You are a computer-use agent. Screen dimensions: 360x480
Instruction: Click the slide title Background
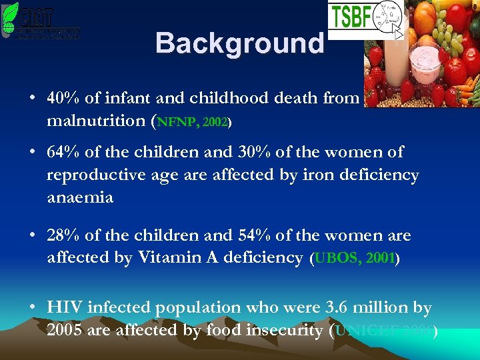pyautogui.click(x=239, y=44)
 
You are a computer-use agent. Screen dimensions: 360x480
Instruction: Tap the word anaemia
pyautogui.click(x=80, y=198)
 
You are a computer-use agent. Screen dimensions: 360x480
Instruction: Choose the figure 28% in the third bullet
pyautogui.click(x=62, y=235)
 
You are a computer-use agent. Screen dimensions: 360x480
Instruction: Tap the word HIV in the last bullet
pyautogui.click(x=61, y=307)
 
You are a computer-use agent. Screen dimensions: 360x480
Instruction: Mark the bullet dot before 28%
pyautogui.click(x=33, y=236)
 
